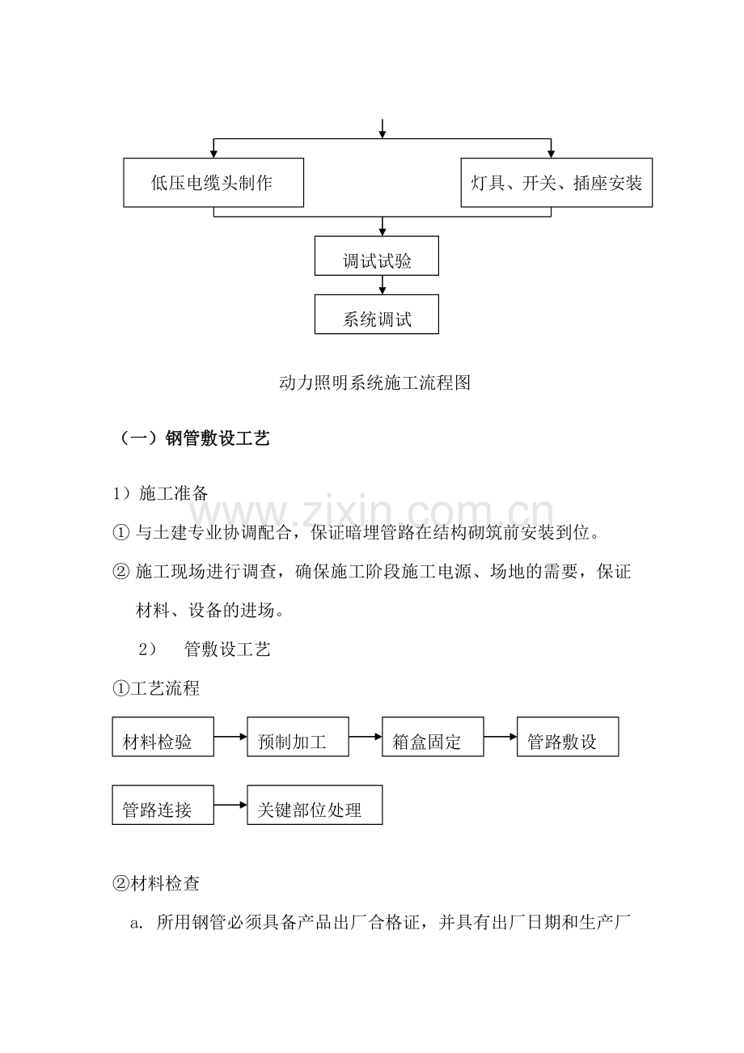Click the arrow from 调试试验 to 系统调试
[382, 285]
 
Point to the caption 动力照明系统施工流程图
[374, 383]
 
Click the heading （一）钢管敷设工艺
[195, 438]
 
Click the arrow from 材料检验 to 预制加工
[230, 737]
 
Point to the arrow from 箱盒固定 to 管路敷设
[501, 737]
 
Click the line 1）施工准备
[160, 493]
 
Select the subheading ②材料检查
[156, 884]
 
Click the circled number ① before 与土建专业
[120, 533]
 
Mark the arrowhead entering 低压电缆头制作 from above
[213, 154]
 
